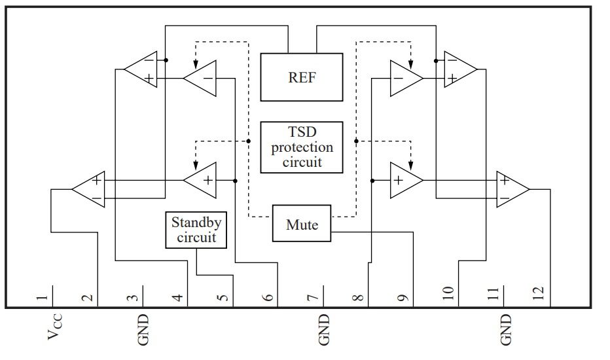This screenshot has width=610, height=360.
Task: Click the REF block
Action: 302,77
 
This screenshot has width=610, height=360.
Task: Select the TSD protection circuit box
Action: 302,147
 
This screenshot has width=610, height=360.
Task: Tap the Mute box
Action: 302,223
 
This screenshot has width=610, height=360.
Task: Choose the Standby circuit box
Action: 196,230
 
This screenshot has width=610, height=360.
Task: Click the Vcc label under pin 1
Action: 54,327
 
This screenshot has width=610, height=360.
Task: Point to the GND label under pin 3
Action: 143,330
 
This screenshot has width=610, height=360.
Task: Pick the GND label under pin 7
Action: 324,330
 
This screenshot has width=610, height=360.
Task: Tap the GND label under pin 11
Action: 505,330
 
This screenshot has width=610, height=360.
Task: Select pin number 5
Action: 223,298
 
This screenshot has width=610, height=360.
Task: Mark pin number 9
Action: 403,298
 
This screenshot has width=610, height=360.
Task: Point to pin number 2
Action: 88,298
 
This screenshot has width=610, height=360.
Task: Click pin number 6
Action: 268,298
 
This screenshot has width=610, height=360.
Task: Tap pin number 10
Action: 448,293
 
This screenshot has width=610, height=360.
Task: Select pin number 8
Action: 358,298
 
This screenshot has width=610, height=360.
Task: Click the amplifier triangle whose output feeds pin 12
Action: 512,190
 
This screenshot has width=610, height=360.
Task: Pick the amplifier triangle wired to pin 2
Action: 89,190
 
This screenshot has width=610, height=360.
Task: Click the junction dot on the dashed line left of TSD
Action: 249,141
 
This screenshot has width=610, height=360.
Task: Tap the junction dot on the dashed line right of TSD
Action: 356,141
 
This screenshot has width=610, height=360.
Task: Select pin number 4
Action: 177,298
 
